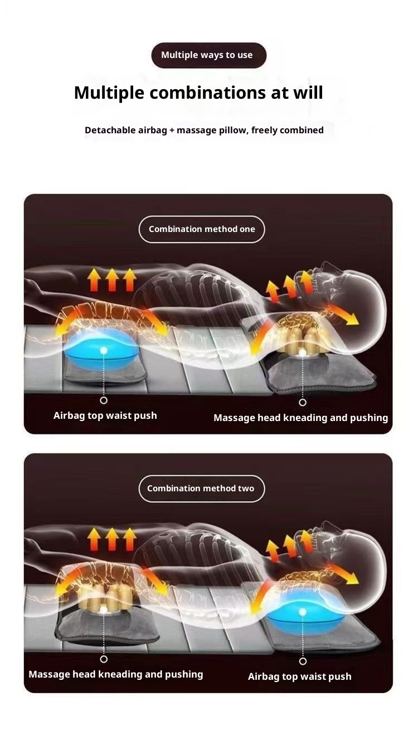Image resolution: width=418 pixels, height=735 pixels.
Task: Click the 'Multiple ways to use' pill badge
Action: point(208,55)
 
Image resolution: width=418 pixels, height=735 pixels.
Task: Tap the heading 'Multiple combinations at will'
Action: point(198,92)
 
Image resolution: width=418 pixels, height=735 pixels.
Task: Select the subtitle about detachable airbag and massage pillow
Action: point(204,130)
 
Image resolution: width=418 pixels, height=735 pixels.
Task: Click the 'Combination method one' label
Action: point(202,229)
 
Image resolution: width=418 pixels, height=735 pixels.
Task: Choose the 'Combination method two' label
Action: point(201,489)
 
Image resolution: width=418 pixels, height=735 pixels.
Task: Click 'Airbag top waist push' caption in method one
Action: point(105,415)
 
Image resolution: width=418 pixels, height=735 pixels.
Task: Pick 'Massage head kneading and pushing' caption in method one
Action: point(301,418)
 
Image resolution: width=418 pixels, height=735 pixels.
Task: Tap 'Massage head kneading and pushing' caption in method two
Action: point(116,674)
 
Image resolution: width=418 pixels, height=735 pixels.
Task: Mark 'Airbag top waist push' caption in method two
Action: point(300,676)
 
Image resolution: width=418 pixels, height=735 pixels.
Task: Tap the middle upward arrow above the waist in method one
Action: point(112,279)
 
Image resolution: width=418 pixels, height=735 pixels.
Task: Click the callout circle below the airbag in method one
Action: point(104,400)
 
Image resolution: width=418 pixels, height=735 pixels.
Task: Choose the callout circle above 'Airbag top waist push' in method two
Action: point(303,661)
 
